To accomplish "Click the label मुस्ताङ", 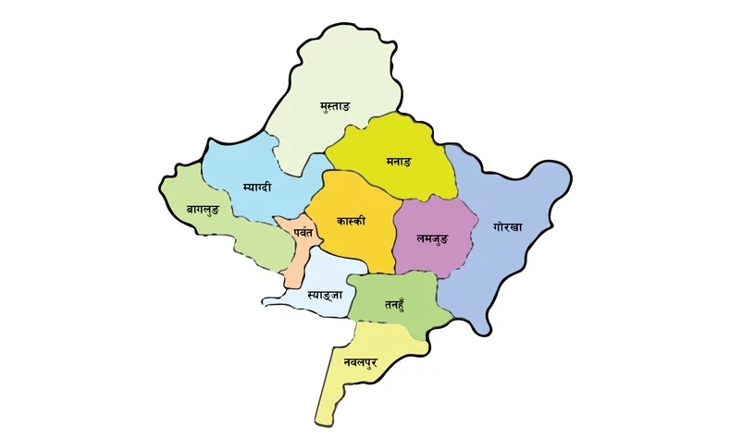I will point(333,108).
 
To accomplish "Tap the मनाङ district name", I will point(399,162).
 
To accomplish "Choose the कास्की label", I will point(352,222).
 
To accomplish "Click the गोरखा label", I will point(508,226).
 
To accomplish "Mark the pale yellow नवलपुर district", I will point(347,383).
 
